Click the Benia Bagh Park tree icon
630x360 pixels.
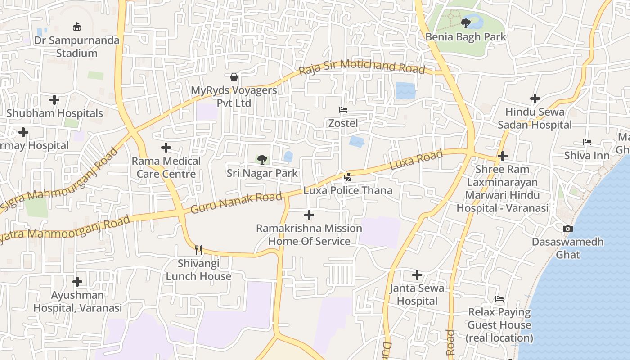pos(466,22)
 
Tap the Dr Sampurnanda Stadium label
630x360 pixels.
pos(77,47)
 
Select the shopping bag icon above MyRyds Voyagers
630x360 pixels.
pos(234,77)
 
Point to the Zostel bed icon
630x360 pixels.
pos(343,110)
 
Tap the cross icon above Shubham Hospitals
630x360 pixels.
pos(54,100)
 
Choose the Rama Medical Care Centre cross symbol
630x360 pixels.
pos(166,148)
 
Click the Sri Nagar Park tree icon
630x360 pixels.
pos(262,159)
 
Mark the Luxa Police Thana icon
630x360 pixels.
pos(347,177)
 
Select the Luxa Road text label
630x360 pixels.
pos(416,160)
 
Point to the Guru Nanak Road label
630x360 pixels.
pos(236,203)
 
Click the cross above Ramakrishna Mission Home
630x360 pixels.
pos(309,215)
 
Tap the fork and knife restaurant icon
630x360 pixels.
pos(198,250)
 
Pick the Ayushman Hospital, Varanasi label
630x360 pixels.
pos(77,301)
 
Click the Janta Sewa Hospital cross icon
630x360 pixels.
pos(417,274)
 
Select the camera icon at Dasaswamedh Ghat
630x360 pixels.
pos(568,229)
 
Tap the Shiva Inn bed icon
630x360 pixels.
pos(587,142)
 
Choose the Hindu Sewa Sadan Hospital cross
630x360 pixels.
pos(535,99)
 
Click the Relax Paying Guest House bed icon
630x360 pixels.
pos(499,299)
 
